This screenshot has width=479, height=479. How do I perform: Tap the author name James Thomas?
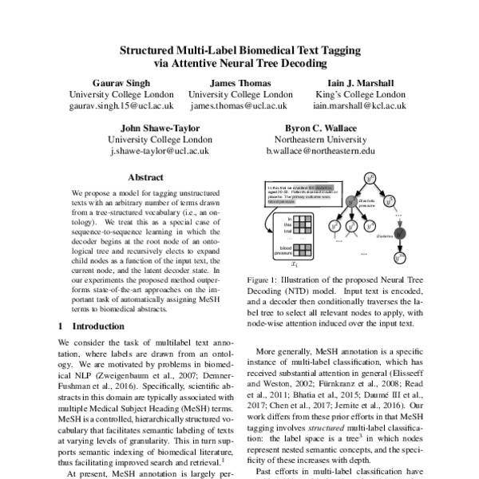coord(239,82)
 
